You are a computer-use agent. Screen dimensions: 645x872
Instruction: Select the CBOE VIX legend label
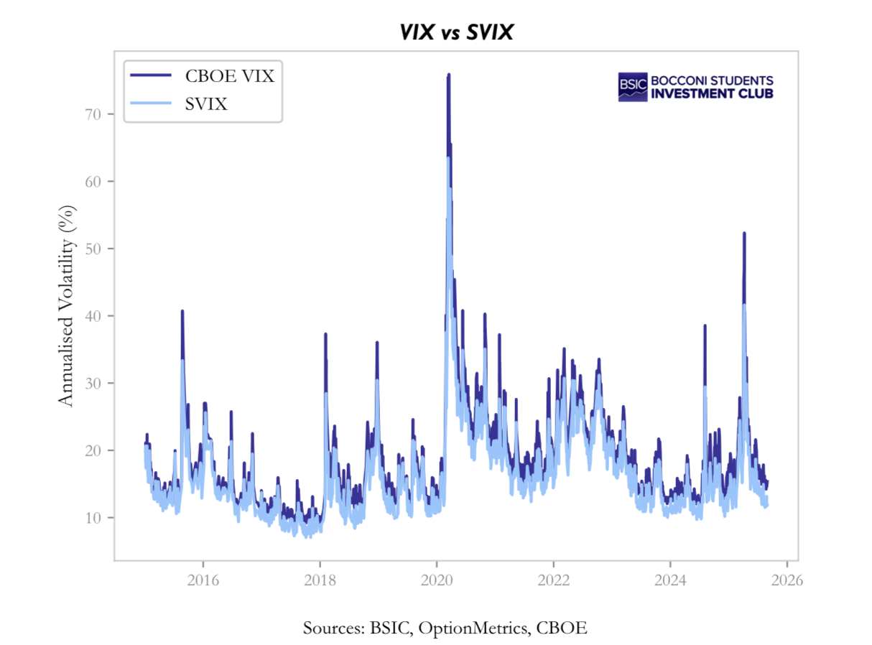[229, 75]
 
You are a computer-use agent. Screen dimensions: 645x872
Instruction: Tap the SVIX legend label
[206, 104]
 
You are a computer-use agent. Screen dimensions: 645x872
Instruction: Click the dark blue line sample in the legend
[150, 75]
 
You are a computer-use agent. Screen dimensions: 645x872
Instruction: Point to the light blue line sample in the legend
[150, 104]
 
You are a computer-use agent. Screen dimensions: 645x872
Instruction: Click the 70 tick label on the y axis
[97, 114]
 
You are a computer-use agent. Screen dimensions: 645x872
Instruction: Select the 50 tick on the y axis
[97, 249]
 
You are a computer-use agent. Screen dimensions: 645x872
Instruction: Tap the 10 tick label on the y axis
[97, 517]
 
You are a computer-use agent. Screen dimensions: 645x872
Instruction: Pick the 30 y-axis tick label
[97, 383]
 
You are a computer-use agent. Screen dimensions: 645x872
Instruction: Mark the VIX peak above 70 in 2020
[448, 75]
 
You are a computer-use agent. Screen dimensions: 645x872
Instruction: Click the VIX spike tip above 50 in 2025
[744, 233]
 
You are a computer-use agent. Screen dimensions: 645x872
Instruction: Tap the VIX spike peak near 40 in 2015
[182, 312]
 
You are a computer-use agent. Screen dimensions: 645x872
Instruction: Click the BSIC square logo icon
[633, 87]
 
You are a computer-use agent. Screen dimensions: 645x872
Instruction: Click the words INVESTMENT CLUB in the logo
[712, 93]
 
